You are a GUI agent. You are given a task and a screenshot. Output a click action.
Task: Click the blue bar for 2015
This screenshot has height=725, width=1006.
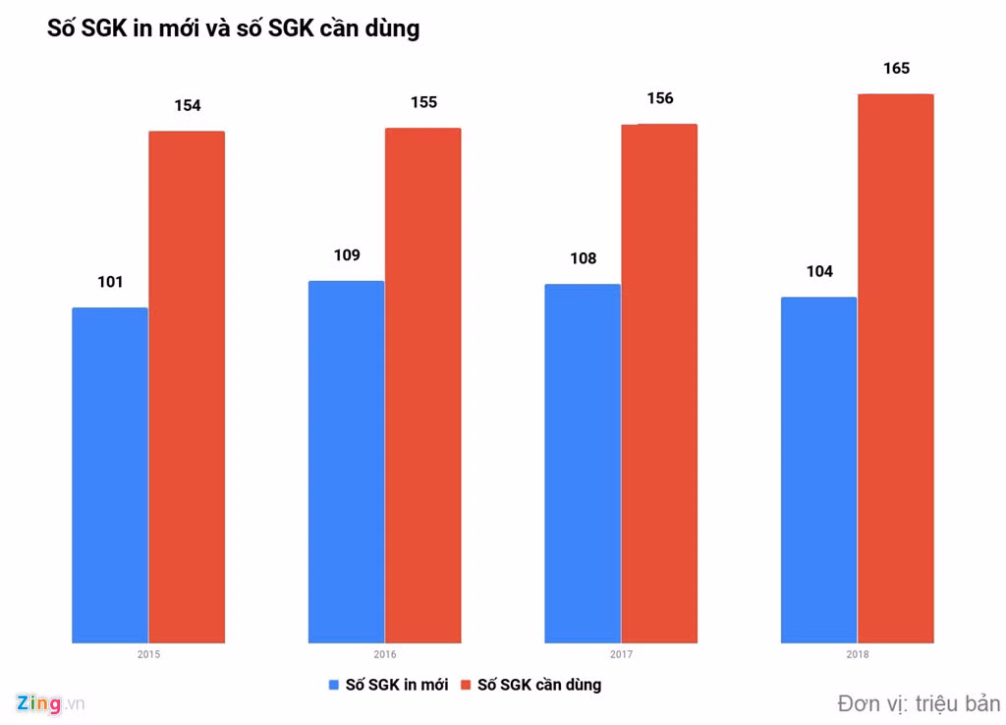110,475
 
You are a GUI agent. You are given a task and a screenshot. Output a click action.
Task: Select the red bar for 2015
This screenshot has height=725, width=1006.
187,387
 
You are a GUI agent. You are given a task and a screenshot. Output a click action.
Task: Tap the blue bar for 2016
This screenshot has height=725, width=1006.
346,462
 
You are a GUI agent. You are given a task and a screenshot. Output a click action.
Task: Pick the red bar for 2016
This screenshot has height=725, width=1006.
422,385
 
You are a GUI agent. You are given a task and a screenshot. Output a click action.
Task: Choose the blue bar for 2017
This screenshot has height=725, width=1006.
583,464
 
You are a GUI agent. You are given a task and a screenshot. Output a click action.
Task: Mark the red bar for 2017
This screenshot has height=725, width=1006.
659,383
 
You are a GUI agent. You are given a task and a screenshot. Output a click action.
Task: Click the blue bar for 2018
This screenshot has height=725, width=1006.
818,470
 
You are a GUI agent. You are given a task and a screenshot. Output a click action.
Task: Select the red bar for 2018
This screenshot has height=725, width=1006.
896,368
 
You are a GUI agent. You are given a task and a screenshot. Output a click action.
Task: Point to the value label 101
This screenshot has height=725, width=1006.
110,283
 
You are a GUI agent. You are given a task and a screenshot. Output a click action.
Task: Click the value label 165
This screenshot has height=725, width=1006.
896,69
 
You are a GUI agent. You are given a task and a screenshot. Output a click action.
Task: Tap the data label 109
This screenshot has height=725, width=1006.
346,255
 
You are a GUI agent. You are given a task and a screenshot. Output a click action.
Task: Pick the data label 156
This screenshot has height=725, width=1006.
659,98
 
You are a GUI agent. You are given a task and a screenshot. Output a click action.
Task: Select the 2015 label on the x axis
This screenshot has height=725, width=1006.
149,654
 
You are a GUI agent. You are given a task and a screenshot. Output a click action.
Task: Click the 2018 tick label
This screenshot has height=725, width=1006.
858,654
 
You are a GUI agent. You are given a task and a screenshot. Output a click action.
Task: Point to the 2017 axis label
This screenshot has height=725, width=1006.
621,654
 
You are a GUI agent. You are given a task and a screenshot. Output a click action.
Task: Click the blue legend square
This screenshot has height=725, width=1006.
333,685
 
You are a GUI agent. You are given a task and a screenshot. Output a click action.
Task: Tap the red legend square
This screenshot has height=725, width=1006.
466,685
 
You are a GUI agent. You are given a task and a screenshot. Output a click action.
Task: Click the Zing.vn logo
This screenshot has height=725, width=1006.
50,703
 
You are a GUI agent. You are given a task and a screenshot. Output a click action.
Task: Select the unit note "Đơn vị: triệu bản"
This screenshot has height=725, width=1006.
919,703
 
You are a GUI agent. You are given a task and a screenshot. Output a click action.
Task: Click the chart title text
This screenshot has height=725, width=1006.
233,28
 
